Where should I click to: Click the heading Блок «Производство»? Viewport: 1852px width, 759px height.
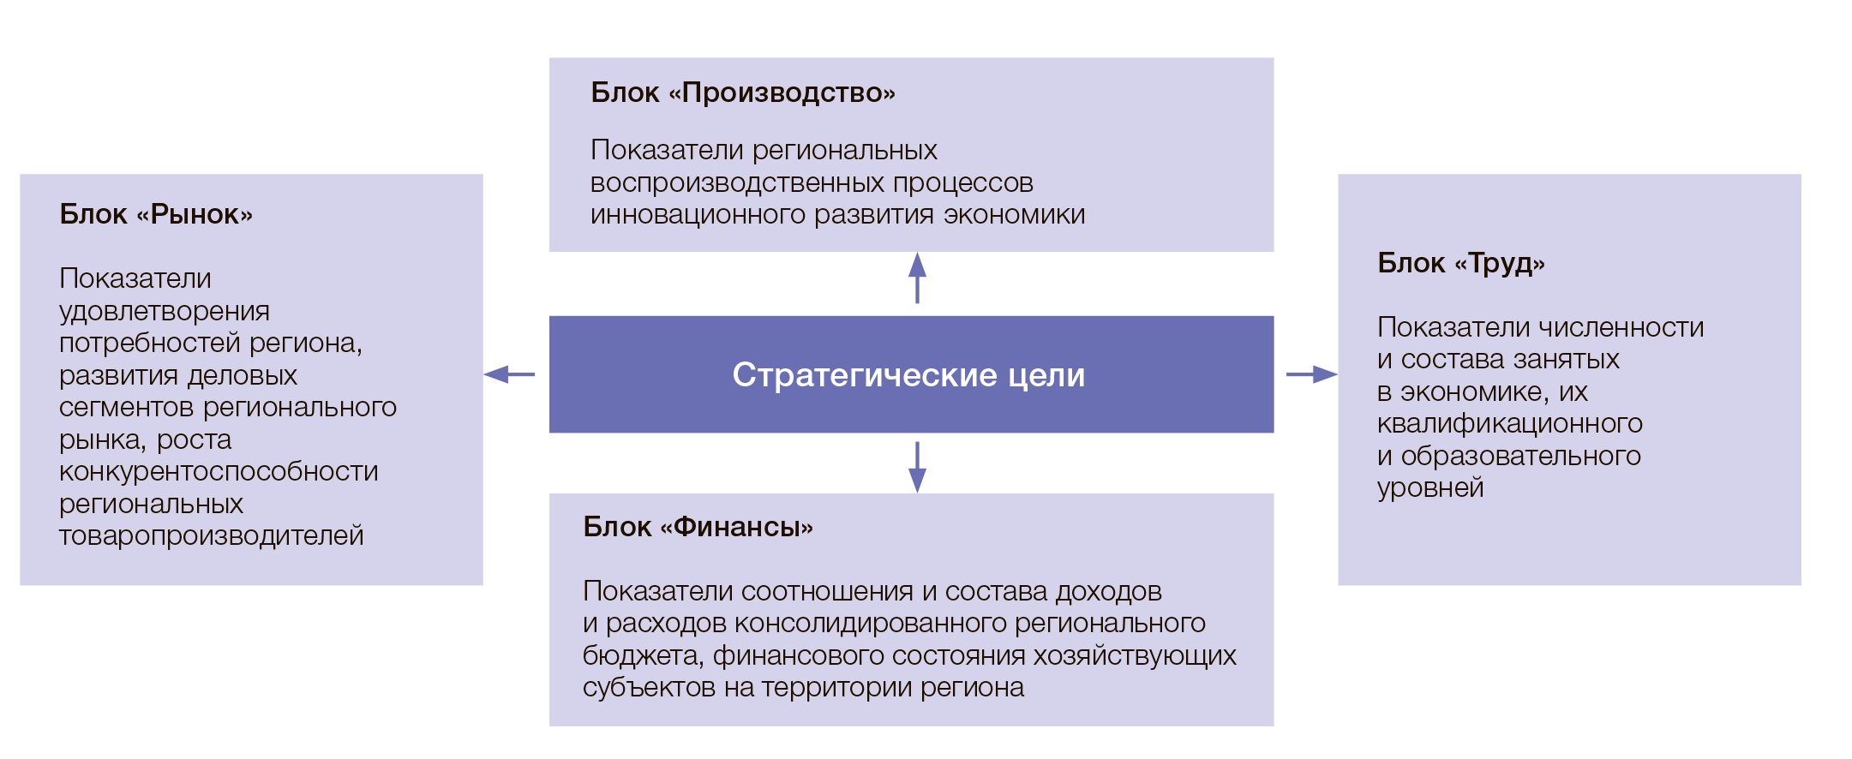[742, 93]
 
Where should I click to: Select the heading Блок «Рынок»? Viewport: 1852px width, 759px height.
[156, 214]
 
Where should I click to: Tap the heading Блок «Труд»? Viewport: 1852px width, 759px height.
[1460, 263]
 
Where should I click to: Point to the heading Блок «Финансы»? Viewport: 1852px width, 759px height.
[698, 527]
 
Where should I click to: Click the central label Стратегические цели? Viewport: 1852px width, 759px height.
[908, 375]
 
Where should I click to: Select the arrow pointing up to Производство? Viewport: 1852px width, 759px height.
[917, 277]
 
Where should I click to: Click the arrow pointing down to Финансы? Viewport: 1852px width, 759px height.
[917, 468]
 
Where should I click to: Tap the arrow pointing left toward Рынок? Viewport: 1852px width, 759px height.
[509, 374]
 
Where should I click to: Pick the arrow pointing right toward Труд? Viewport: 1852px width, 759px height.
[1311, 374]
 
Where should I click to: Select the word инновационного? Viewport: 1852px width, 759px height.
[698, 215]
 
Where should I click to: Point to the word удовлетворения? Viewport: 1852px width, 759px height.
[164, 312]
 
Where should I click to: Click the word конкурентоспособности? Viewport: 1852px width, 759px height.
[219, 472]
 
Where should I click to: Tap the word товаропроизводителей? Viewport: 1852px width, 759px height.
[211, 536]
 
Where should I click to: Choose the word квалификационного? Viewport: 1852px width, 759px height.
[1509, 424]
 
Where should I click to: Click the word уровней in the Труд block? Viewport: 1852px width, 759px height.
[1429, 488]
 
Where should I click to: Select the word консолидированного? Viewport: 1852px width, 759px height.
[870, 624]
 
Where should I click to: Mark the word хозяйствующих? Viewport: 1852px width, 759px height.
[1134, 656]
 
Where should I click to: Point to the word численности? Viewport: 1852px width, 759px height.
[1621, 328]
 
